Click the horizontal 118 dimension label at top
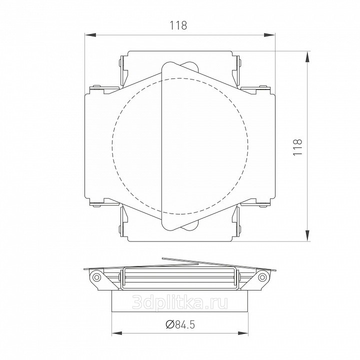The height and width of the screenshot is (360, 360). tap(178, 25)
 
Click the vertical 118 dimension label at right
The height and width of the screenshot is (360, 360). tap(298, 147)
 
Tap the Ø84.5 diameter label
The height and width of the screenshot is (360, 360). tap(180, 324)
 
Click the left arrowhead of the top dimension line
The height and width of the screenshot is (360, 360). tap(90, 35)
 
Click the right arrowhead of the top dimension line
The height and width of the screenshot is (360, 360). tap(269, 35)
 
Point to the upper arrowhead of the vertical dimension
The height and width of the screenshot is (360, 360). tap(307, 56)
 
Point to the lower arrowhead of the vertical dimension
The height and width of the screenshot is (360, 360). tap(307, 236)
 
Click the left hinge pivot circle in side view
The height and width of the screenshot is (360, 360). tap(97, 277)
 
